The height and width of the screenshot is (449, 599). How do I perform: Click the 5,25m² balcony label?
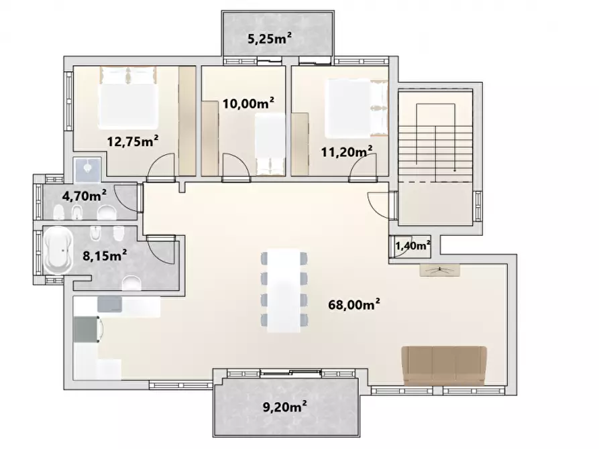(270, 39)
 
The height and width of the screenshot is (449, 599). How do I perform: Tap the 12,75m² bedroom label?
(133, 141)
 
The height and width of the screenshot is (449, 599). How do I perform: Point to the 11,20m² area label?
(347, 152)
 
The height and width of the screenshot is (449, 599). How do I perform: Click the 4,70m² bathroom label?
(85, 196)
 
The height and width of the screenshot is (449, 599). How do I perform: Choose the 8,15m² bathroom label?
(105, 255)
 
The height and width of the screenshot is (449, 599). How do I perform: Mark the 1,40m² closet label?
(412, 246)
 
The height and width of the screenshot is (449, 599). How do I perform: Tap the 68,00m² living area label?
(354, 305)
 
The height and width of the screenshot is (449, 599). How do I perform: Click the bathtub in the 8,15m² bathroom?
(58, 251)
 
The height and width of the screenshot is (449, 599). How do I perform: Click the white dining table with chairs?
(283, 290)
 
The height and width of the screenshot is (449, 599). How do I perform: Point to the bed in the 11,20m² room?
(356, 107)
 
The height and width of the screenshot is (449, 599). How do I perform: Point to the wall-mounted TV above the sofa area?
(439, 269)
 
